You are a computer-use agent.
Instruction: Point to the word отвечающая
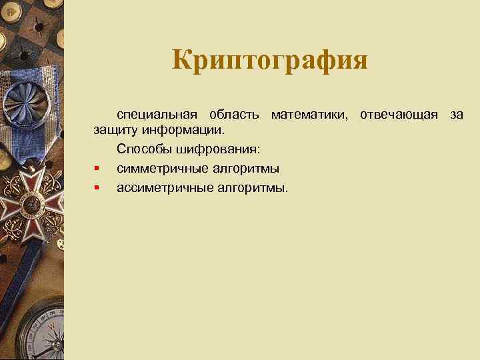[399, 115]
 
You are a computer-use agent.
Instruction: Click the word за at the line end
[456, 115]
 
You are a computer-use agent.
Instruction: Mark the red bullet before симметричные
[97, 168]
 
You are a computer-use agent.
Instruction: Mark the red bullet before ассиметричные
[97, 188]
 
